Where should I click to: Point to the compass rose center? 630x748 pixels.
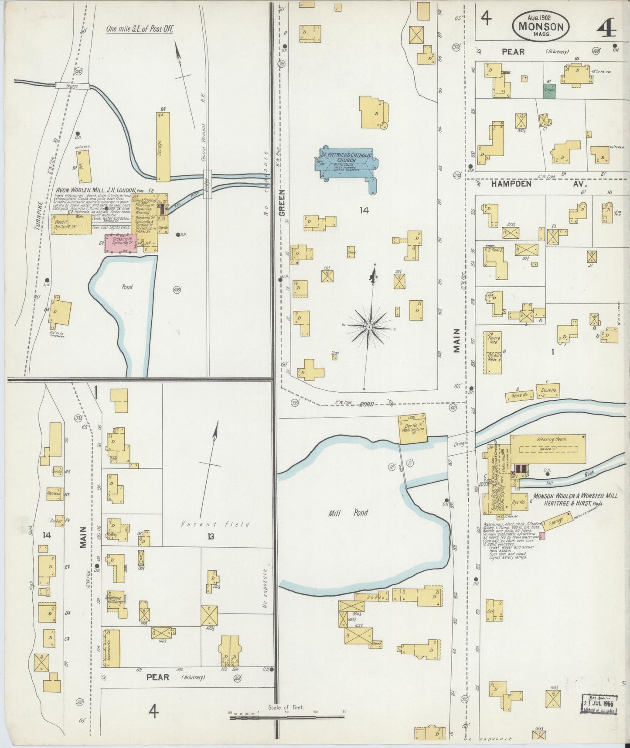[x=369, y=326]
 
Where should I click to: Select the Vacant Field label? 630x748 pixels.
[x=216, y=524]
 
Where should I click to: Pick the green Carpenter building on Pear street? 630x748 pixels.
[x=549, y=90]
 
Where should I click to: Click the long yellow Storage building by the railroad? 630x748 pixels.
[x=163, y=147]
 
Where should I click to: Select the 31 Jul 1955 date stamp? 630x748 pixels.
[x=600, y=705]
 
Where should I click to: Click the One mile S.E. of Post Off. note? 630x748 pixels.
[x=140, y=29]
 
